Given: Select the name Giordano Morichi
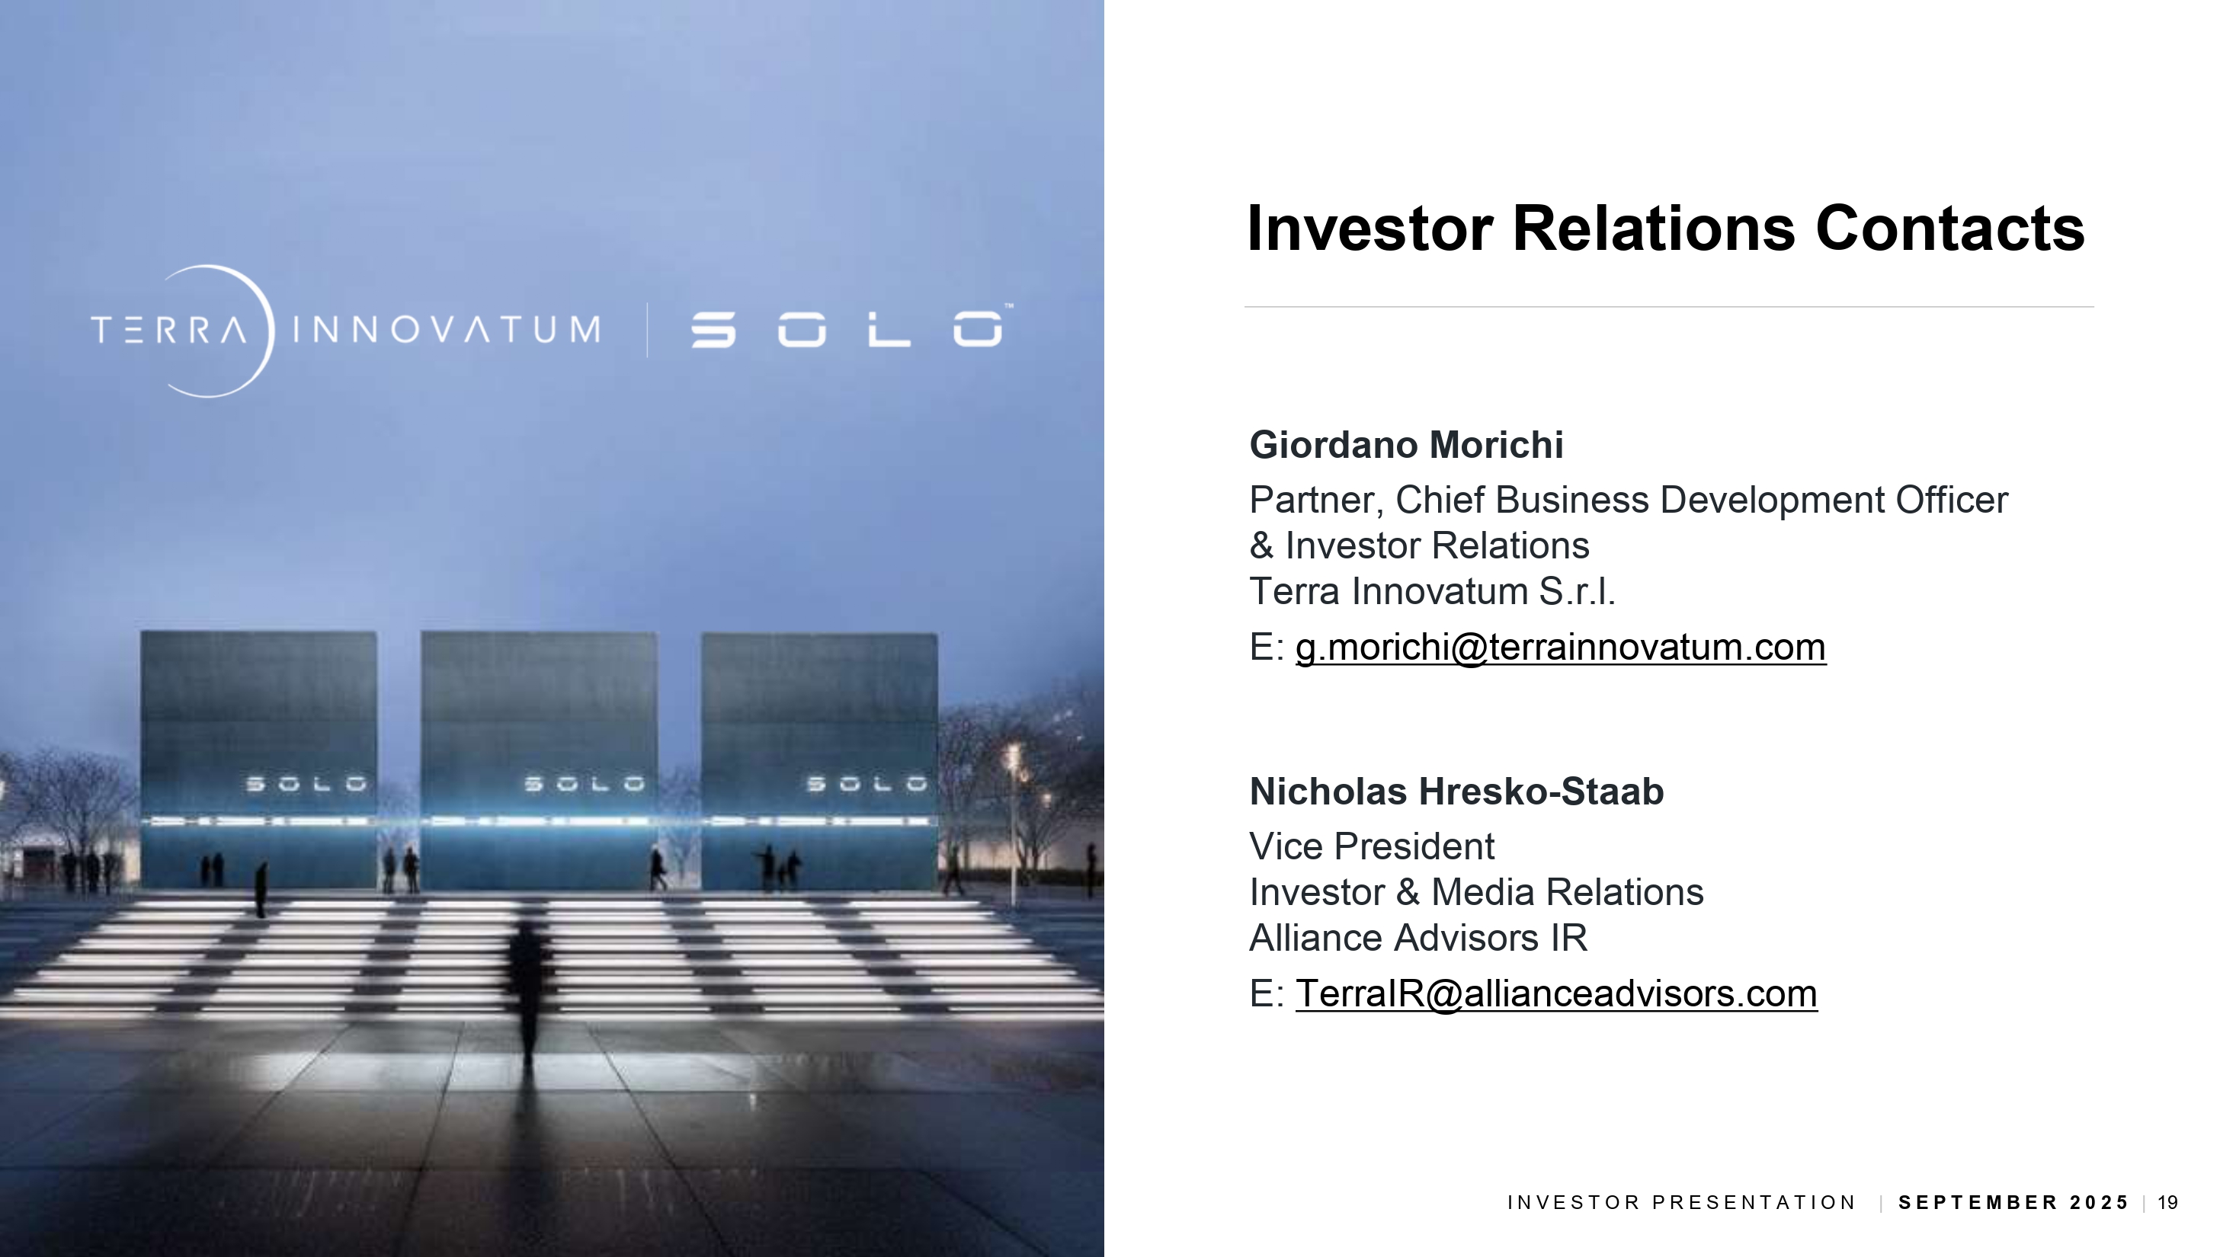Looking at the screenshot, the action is click(x=1406, y=445).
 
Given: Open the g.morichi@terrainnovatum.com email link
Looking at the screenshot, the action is click(x=1561, y=647).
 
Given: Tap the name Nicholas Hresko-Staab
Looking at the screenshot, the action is click(x=1456, y=792).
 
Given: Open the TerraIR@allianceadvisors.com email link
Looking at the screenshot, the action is click(x=1556, y=993).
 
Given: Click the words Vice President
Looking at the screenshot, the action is click(x=1372, y=846).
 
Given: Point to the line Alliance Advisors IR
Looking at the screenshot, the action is click(x=1418, y=938).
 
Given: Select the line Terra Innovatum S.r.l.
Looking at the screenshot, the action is click(x=1432, y=592).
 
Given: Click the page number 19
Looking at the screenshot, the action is click(x=2168, y=1202).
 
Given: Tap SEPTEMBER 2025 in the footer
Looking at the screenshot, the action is click(x=2013, y=1202).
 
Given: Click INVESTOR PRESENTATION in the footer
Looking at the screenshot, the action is click(x=1681, y=1202).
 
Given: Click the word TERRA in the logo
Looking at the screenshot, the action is click(x=168, y=330).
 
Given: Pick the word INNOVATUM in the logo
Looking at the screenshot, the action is click(x=446, y=330).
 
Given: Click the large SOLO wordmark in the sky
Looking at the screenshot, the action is click(x=848, y=329).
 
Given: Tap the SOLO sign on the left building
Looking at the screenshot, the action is click(x=306, y=784).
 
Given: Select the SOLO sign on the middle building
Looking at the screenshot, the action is click(x=585, y=784).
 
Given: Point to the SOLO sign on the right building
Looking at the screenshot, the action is click(x=867, y=784).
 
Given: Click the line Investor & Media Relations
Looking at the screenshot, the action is click(x=1476, y=892).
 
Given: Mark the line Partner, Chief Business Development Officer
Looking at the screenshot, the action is click(x=1629, y=501).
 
